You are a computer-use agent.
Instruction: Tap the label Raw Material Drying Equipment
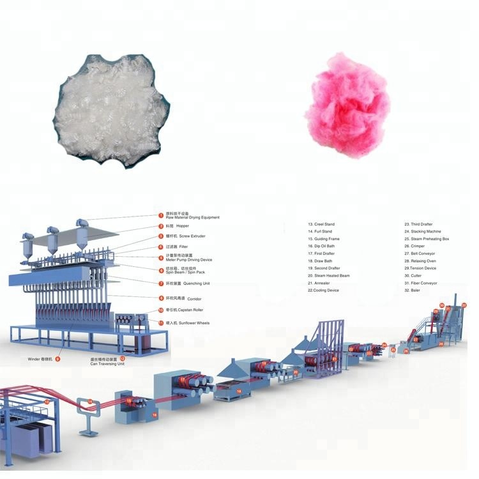(192, 218)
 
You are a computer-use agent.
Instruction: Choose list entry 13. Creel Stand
(323, 224)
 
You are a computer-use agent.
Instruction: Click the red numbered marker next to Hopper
(161, 226)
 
